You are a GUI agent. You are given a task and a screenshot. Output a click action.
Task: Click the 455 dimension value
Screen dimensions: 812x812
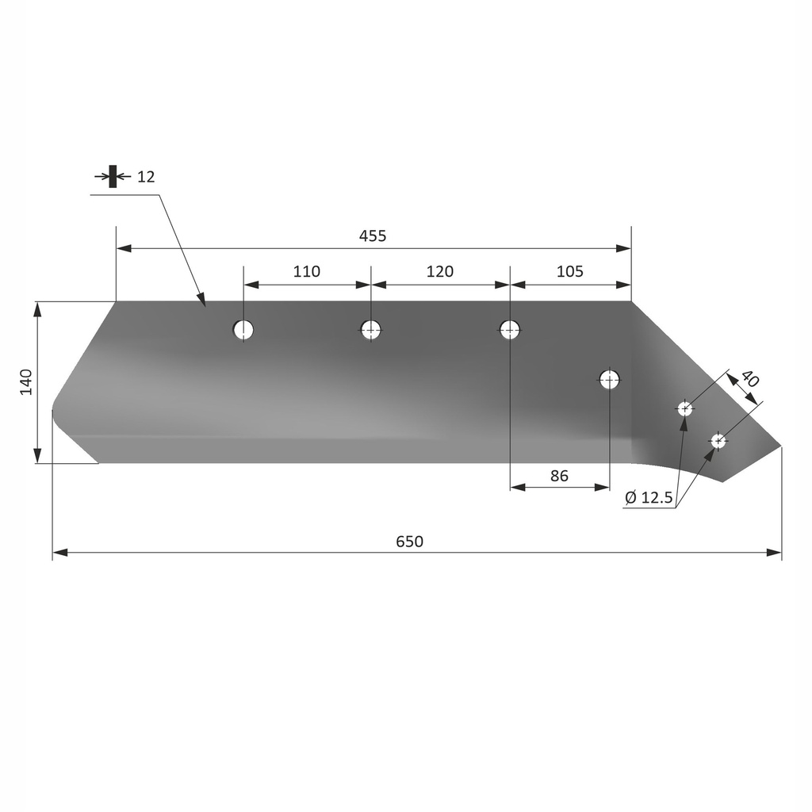coord(373,236)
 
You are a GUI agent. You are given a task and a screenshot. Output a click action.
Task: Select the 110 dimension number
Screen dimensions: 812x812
coord(307,271)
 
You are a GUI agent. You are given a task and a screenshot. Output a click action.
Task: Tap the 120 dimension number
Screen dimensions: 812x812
coord(440,271)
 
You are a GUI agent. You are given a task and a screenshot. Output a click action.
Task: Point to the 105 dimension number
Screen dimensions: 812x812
coord(570,271)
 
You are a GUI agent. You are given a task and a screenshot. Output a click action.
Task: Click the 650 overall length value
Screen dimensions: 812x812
coord(410,542)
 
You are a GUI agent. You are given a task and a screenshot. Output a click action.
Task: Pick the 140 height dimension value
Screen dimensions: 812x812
coord(25,382)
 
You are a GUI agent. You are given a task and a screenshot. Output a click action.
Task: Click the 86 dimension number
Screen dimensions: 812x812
coord(559,476)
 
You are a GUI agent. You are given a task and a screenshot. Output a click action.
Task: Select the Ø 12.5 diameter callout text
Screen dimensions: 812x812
coord(649,498)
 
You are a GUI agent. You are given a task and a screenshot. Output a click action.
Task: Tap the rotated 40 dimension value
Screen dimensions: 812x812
coord(749,380)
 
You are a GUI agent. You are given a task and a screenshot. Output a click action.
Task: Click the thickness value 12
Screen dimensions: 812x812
coord(146,176)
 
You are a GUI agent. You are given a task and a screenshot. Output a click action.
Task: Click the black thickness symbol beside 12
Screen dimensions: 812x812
coord(113,176)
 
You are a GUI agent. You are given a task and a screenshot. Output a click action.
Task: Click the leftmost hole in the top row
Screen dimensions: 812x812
coord(243,329)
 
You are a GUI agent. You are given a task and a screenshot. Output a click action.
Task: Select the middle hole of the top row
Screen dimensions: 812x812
coord(371,329)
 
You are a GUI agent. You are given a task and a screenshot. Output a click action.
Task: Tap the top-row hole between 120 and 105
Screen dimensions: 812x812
coord(510,329)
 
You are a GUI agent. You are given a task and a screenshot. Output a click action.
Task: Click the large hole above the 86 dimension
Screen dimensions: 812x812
coord(609,379)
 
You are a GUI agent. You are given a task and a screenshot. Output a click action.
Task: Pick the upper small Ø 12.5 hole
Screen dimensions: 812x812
coord(684,409)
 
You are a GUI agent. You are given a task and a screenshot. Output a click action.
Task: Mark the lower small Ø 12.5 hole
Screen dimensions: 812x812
coord(718,440)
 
